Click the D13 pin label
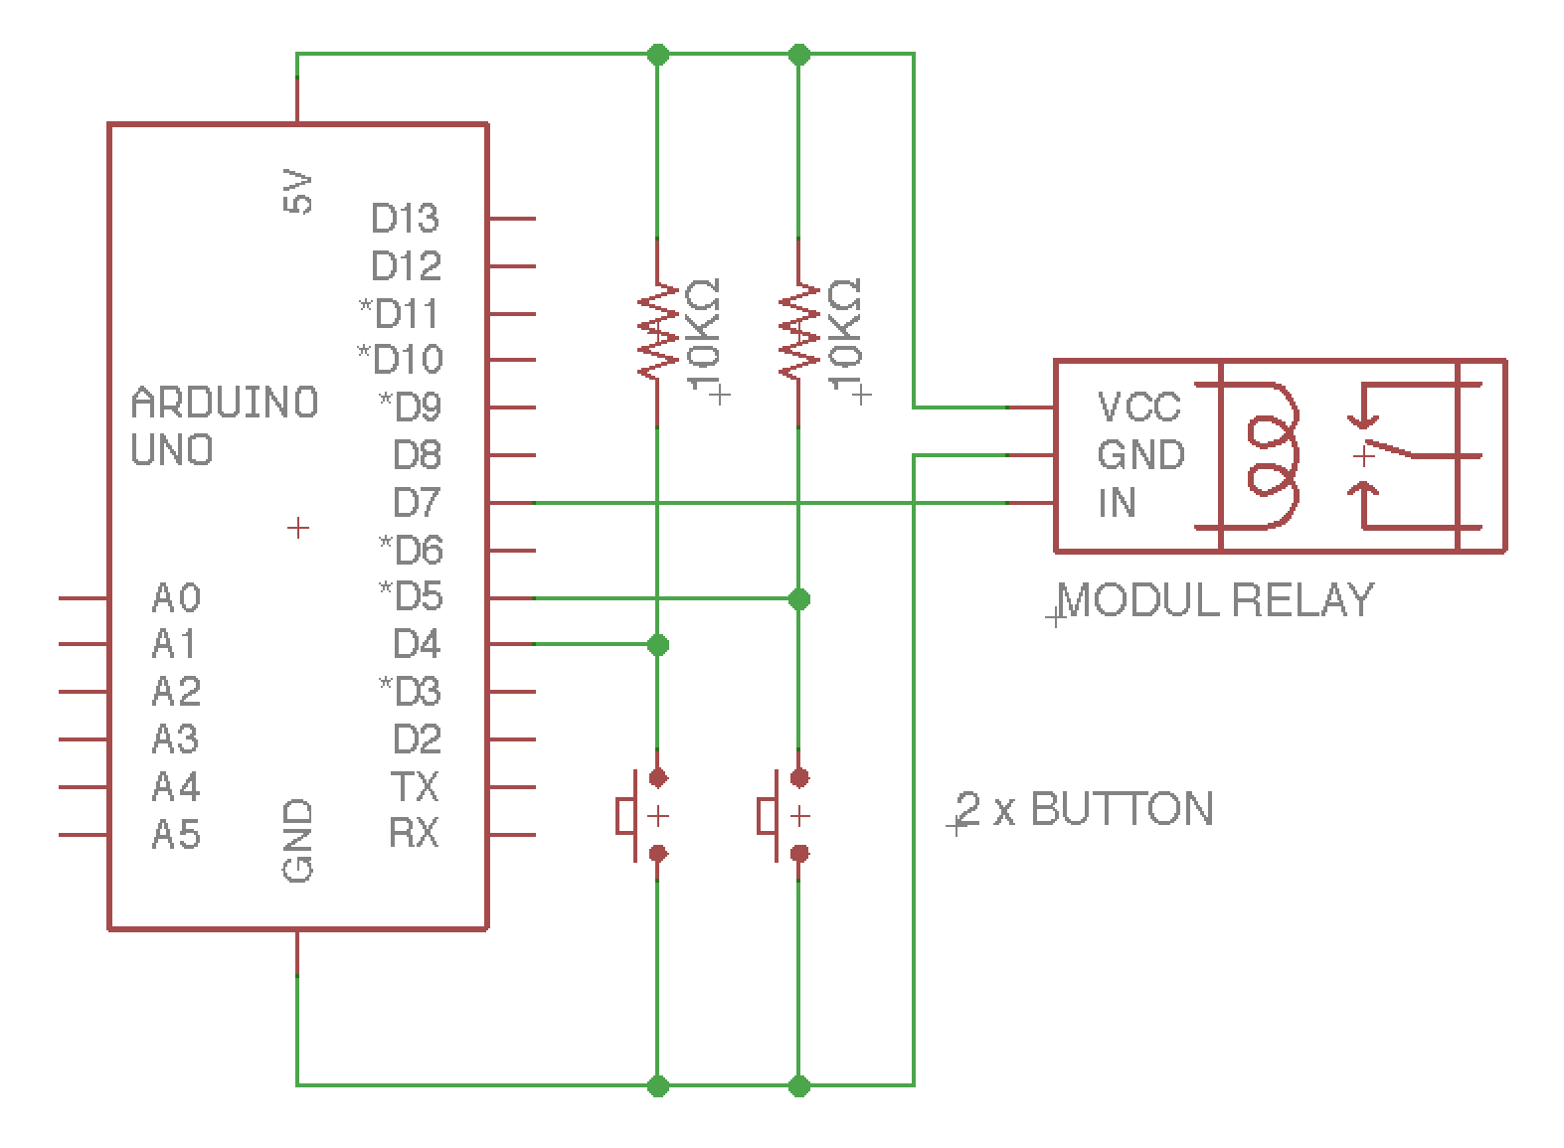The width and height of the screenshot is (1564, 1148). [405, 218]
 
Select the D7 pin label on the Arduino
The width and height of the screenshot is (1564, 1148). [417, 503]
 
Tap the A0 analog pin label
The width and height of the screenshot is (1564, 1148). [177, 597]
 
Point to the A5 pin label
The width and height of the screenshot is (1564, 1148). [177, 834]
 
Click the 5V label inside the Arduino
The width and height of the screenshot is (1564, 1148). [298, 192]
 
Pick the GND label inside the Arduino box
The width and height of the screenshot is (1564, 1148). [298, 841]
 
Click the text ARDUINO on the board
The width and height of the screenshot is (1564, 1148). [225, 404]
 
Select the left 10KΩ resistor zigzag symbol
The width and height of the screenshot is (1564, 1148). [657, 332]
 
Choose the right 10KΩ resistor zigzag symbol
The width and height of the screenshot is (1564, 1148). [798, 332]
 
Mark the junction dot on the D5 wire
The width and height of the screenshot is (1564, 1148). [799, 598]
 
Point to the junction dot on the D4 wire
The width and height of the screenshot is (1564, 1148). [657, 645]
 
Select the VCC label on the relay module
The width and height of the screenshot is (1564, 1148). [1138, 408]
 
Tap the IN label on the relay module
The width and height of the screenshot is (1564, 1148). [1117, 503]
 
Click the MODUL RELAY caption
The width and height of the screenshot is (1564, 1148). [1215, 600]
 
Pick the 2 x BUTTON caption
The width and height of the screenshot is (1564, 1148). [1085, 809]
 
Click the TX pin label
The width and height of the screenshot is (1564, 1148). [415, 787]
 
